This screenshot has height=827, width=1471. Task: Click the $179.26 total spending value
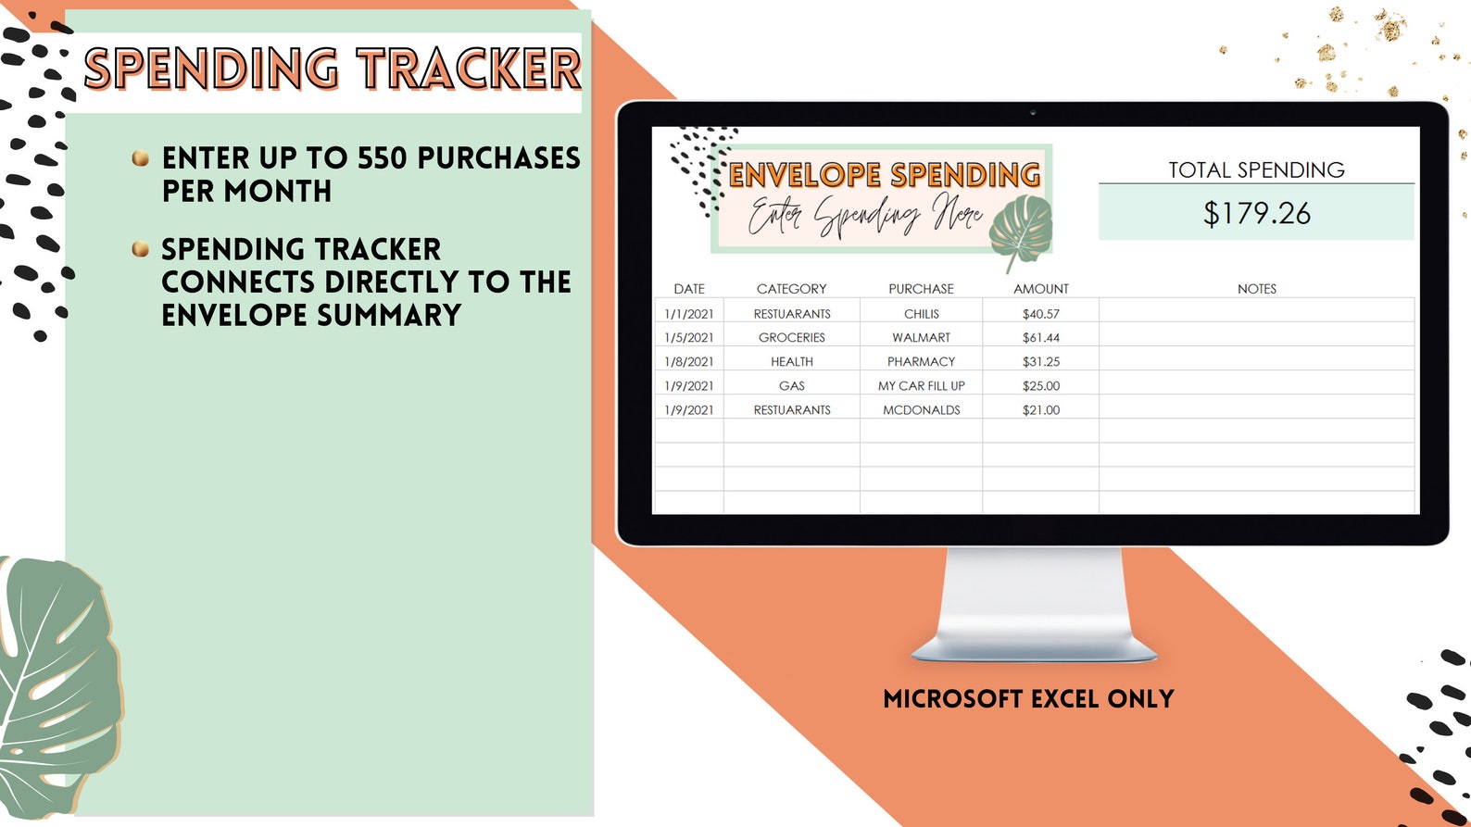pos(1256,214)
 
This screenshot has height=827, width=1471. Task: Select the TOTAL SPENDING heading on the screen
pos(1256,170)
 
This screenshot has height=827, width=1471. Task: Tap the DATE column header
pos(689,289)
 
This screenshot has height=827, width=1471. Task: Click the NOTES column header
pos(1256,289)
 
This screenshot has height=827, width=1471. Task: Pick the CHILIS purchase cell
pos(921,314)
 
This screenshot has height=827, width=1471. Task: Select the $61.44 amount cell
pos(1040,338)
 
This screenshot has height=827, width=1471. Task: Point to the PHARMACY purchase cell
pos(921,362)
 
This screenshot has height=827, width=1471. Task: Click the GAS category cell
pos(791,386)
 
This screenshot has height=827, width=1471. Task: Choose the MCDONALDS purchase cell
pos(921,410)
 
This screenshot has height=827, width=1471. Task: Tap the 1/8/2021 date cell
pos(689,362)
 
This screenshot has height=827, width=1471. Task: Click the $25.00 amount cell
pos(1040,386)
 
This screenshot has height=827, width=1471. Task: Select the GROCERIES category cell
pos(791,338)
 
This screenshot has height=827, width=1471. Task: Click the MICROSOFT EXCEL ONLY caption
pos(1028,699)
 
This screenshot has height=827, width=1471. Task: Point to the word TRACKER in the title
pos(469,69)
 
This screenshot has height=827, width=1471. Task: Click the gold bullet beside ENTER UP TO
pos(141,158)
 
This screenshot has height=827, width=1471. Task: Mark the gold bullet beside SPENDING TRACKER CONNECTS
pos(141,248)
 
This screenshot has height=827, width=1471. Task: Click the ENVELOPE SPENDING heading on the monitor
pos(885,175)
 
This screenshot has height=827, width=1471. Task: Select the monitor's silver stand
pos(1034,602)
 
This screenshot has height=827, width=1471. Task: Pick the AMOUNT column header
pos(1040,289)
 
